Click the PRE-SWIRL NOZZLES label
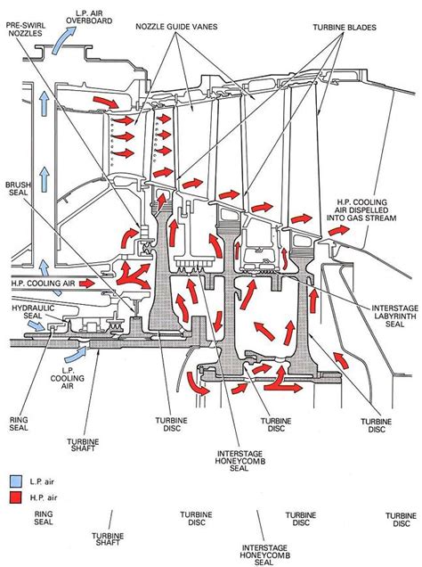[25, 29]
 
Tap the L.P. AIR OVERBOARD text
[89, 17]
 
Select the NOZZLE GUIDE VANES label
[176, 27]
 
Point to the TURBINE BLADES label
[345, 28]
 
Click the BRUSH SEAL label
[18, 188]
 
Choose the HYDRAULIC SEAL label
[33, 312]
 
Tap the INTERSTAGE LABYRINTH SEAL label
[395, 316]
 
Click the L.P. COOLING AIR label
[67, 378]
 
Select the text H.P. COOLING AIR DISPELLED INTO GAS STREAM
[361, 210]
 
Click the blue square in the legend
[16, 481]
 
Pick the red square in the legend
[16, 497]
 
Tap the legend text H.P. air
[44, 497]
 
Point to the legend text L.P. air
[42, 481]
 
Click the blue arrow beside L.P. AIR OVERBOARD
[64, 40]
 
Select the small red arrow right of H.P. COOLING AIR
[86, 283]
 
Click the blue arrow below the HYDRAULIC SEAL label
[37, 325]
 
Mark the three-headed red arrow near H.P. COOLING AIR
[133, 275]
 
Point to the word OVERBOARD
[89, 21]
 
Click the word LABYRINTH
[395, 316]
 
